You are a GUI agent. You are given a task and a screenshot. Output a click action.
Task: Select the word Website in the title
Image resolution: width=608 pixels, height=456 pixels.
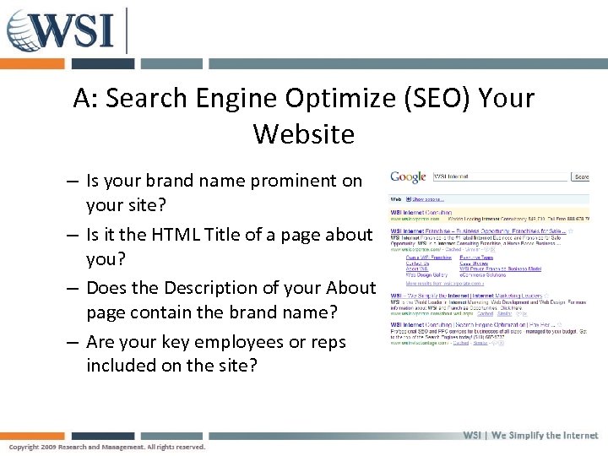coord(303,133)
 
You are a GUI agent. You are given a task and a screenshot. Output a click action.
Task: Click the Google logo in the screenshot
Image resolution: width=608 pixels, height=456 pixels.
coord(408,177)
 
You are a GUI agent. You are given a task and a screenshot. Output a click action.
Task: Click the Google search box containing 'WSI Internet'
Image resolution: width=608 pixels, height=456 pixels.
coord(500,177)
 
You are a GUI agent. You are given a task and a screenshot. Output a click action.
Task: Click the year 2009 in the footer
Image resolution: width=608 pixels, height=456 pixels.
coord(52,447)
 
